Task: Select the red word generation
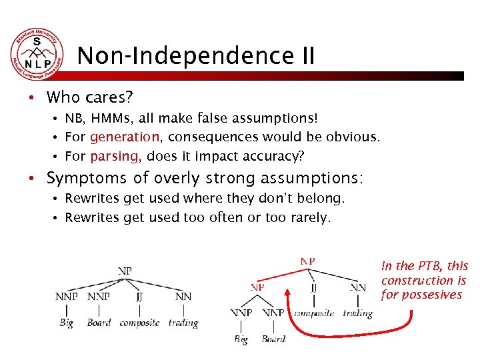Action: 125,137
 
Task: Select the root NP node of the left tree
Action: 125,271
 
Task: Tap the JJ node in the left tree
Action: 139,297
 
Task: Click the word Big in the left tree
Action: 66,323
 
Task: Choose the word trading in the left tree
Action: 183,323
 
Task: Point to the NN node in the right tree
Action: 358,287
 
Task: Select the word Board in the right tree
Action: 273,339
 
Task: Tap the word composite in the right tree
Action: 314,313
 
